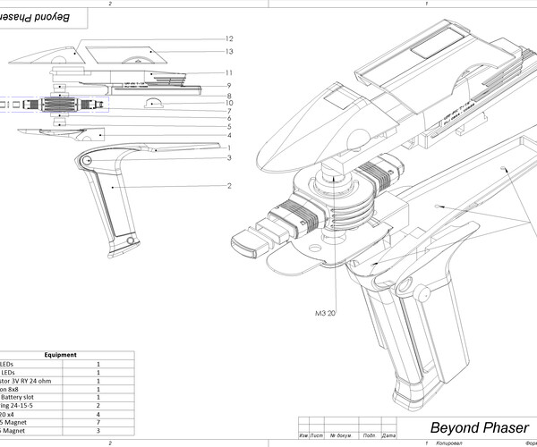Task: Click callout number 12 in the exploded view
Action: coord(229,38)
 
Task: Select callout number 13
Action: coord(229,51)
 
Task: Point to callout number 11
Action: coord(229,72)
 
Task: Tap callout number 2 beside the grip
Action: coord(229,186)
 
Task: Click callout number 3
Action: coord(229,158)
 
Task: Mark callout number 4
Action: coord(229,136)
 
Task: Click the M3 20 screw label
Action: coord(325,313)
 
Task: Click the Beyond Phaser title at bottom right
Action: coord(478,426)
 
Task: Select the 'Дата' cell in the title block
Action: coord(388,435)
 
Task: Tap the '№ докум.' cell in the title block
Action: coord(339,435)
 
